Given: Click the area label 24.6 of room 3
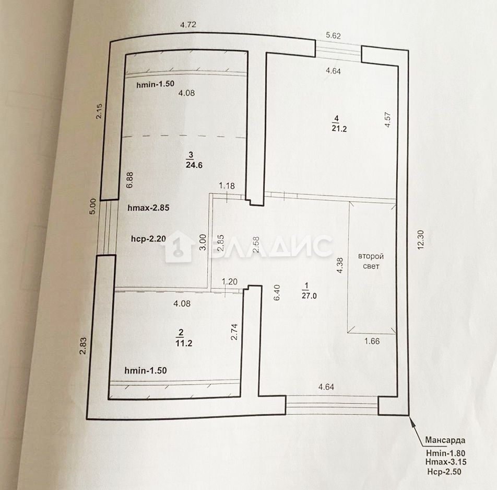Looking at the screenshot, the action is tap(194, 165).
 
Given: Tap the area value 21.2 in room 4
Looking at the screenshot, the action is tap(339, 129).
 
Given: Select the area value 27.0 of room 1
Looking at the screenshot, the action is tap(309, 296).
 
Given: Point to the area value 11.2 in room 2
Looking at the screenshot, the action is tap(184, 343).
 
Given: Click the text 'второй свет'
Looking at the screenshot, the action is tap(371, 261).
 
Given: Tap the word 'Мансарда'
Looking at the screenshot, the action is tap(445, 440).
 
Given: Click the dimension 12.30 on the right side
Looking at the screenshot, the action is tap(421, 240).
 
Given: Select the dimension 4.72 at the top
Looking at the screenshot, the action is tap(188, 25).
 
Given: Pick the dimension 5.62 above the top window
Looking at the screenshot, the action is tap(333, 36).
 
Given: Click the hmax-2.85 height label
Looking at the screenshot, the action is tap(148, 208).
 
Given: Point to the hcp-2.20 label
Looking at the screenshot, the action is tap(148, 238).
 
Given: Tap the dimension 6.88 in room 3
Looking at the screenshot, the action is tap(130, 180).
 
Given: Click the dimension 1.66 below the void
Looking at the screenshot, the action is tap(372, 341).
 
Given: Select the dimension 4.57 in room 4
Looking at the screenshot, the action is tap(387, 120).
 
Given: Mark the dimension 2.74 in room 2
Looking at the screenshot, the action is tap(234, 332).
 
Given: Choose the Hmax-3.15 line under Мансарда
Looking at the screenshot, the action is tap(446, 462).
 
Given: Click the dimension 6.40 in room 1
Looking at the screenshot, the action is tap(277, 292).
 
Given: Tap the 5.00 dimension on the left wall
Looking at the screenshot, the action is tap(92, 207).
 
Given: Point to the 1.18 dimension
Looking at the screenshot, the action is tap(227, 186).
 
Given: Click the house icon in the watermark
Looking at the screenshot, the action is tap(180, 246).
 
